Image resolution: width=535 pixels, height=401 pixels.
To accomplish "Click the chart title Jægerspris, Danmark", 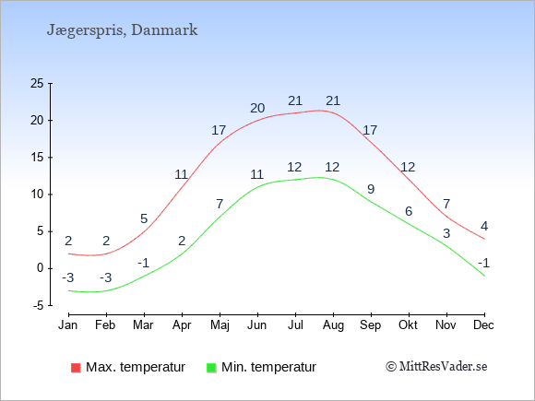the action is (x=122, y=30).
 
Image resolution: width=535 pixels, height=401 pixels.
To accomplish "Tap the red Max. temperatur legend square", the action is (x=76, y=368).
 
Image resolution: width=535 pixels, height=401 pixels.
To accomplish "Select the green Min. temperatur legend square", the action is (x=211, y=368).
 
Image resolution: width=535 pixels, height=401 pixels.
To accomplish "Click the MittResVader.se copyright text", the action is (x=436, y=367).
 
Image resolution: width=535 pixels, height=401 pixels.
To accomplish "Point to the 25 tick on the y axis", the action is (x=37, y=83).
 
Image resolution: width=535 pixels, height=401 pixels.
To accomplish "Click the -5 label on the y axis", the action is (x=38, y=305).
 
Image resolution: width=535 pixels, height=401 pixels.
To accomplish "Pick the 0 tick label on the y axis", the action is (x=41, y=268).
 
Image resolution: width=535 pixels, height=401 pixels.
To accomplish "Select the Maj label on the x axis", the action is (x=220, y=325).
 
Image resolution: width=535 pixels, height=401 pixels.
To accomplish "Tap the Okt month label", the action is (x=408, y=325).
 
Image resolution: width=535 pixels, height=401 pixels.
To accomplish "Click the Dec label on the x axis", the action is (x=483, y=325).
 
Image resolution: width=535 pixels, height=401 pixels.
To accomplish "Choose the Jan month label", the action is (x=68, y=325).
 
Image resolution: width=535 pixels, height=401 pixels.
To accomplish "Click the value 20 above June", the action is (x=257, y=108).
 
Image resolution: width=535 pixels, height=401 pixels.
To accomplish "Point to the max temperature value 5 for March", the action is (x=144, y=218).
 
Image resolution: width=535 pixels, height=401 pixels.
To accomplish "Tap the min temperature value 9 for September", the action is (x=371, y=189).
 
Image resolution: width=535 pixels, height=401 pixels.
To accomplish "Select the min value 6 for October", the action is (x=409, y=211).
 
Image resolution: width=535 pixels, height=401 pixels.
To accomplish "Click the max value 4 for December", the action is (x=484, y=226).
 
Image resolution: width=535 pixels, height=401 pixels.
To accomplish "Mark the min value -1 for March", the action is (x=144, y=264).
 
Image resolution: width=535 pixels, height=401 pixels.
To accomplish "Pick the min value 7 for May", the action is (x=220, y=204).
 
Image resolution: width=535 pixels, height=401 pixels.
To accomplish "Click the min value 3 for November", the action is (x=446, y=233).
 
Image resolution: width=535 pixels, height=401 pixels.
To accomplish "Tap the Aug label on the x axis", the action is (x=333, y=325).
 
